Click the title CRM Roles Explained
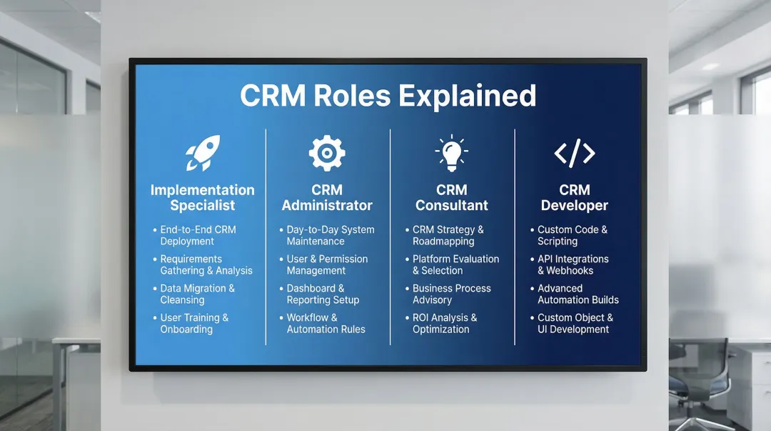(388, 96)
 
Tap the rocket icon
(202, 153)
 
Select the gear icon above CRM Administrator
(327, 153)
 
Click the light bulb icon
(451, 153)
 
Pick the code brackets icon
(575, 153)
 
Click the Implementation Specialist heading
(202, 198)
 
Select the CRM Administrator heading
(327, 198)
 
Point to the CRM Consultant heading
(451, 198)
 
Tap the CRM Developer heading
(575, 198)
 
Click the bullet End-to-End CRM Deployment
(197, 235)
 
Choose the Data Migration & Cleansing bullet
(197, 294)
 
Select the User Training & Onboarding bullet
(193, 323)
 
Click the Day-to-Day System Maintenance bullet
(329, 235)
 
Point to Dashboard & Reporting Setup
(322, 294)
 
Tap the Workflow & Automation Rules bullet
(325, 323)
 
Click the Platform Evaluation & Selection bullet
(455, 264)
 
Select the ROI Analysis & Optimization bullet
(444, 323)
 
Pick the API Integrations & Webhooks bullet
(573, 264)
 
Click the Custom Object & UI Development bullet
(574, 323)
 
